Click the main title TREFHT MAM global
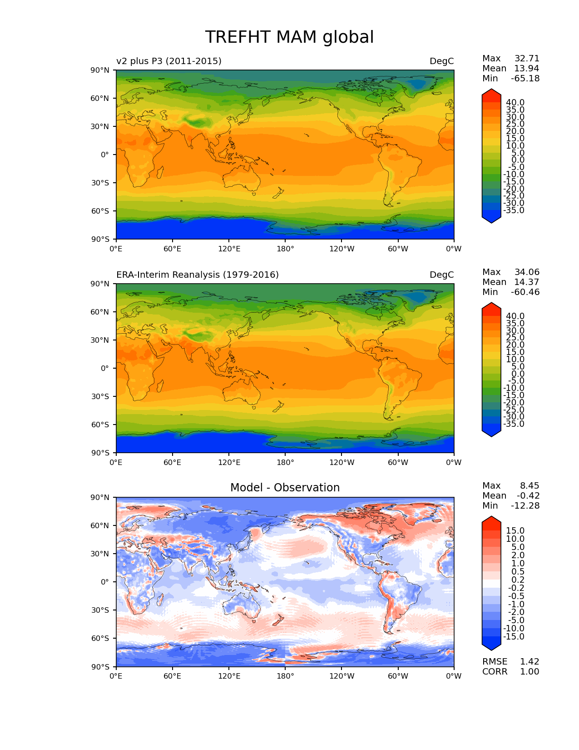point(289,37)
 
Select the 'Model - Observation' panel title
point(285,488)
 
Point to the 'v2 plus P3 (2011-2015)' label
point(169,61)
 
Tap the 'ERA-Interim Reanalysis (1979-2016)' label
point(198,275)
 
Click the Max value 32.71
point(527,59)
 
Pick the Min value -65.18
point(525,79)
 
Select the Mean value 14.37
point(526,282)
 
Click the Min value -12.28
point(525,506)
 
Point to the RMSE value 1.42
point(530,662)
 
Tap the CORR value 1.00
point(530,672)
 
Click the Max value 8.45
point(530,486)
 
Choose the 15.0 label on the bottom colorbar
point(515,531)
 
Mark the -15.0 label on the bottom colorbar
point(514,637)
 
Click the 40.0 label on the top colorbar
point(515,103)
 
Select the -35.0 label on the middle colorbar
point(514,424)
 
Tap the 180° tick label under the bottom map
point(285,676)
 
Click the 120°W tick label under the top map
point(341,249)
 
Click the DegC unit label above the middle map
point(441,275)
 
